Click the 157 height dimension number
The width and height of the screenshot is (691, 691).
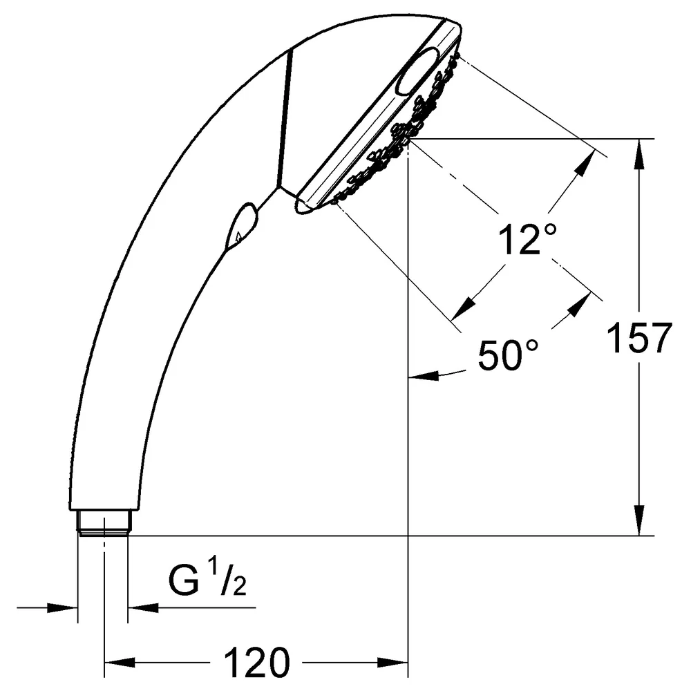(639, 338)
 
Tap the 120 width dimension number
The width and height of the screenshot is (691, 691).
(257, 663)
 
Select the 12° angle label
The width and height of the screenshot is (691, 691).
(527, 239)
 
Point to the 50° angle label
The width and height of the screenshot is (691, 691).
(508, 354)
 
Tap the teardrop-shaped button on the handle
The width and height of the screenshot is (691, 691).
(240, 226)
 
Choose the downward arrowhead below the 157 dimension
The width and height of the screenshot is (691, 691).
(639, 520)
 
